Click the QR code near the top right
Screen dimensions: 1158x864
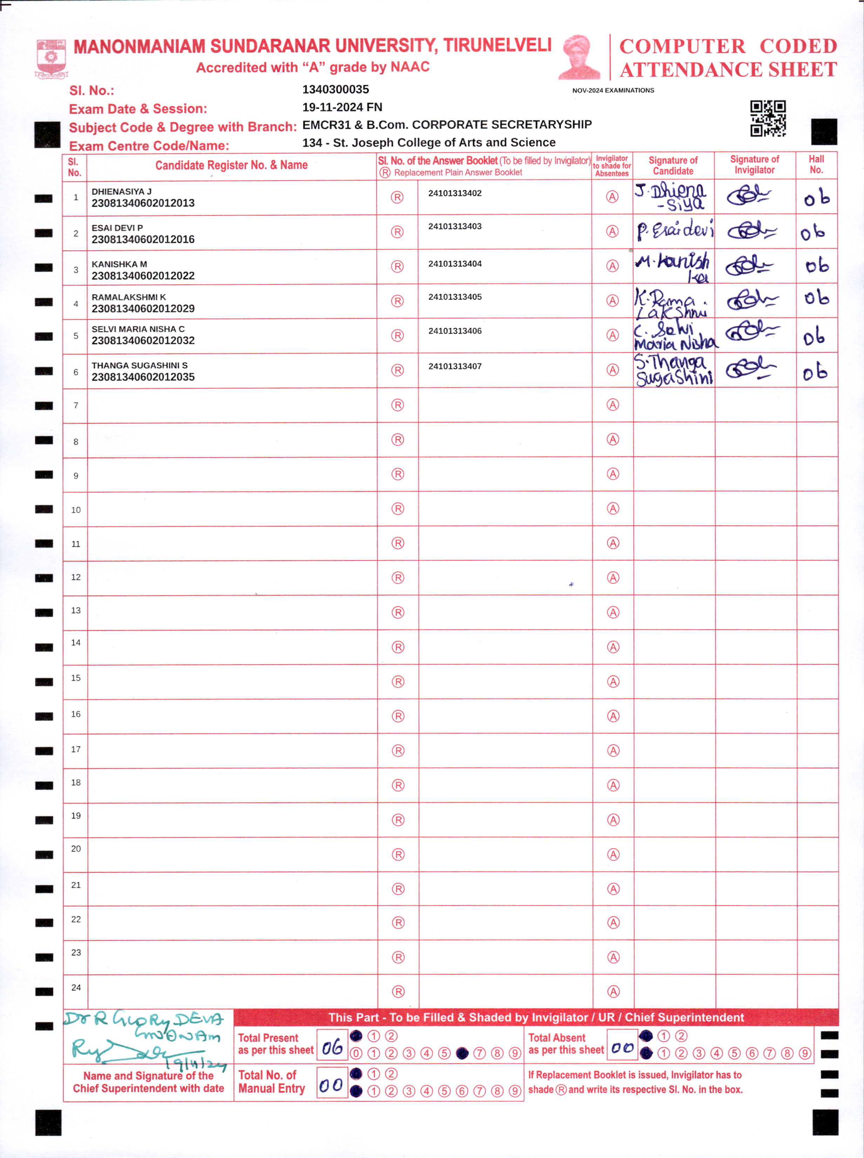click(x=768, y=118)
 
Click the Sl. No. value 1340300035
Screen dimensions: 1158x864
click(x=335, y=89)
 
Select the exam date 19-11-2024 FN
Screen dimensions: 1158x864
click(x=342, y=107)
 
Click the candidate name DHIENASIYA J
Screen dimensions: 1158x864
click(x=121, y=192)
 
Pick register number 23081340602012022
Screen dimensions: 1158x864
click(x=143, y=276)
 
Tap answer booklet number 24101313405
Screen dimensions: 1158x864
click(x=454, y=297)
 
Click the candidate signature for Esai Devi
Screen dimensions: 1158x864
click(x=674, y=231)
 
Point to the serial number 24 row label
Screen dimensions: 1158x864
click(x=76, y=987)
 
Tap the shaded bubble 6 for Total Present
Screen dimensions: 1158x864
click(x=462, y=1053)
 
